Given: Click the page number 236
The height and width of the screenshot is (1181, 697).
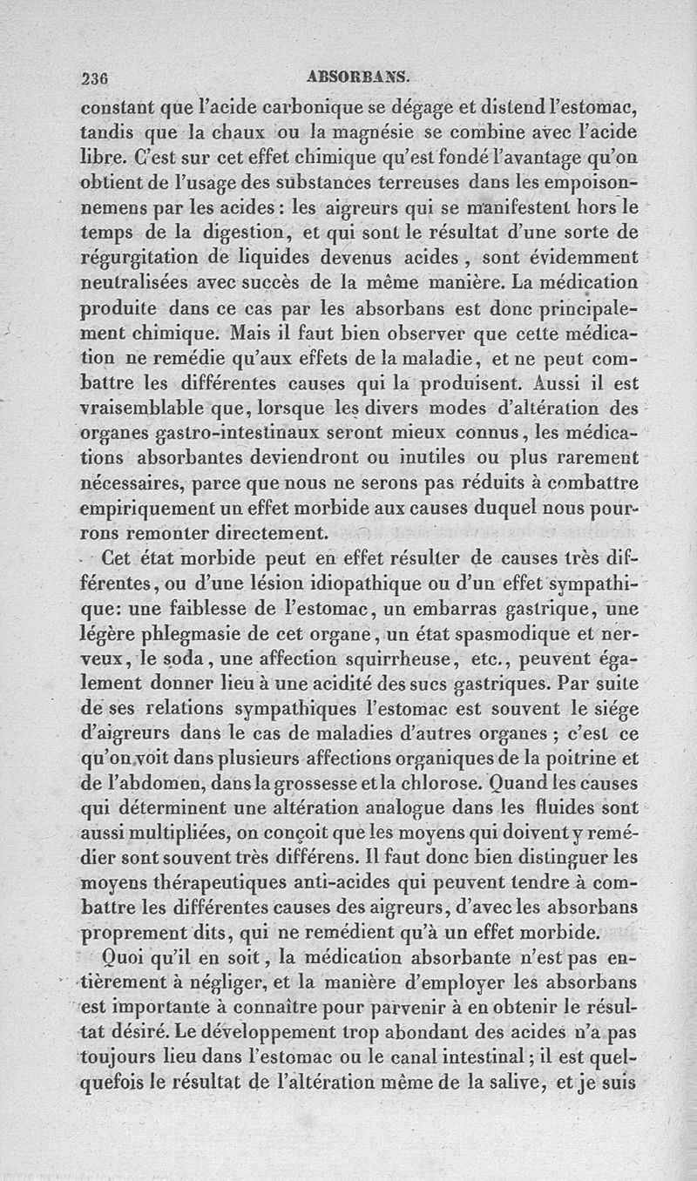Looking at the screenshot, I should pos(93,78).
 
